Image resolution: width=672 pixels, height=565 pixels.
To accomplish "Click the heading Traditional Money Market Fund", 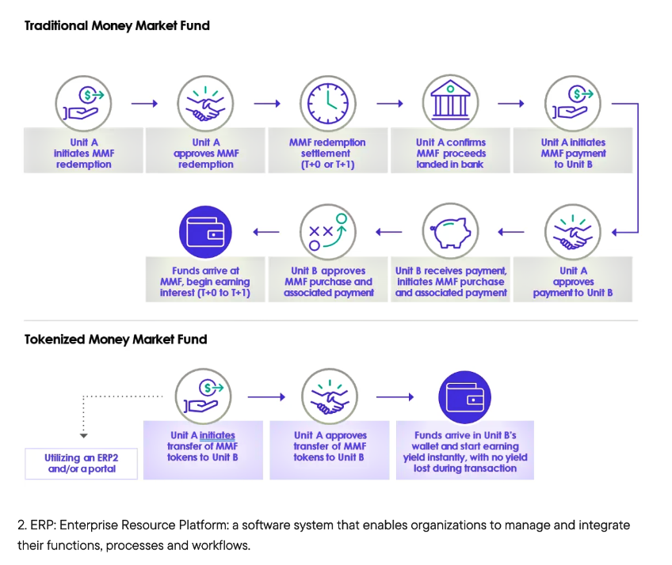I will coord(116,25).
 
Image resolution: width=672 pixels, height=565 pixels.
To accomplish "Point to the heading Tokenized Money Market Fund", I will coord(116,339).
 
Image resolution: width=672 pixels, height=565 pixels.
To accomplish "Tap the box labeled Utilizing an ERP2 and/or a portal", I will coord(82,463).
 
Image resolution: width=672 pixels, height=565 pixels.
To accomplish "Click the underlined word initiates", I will coord(217,435).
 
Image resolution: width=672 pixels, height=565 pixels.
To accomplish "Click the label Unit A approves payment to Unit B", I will coord(573,282).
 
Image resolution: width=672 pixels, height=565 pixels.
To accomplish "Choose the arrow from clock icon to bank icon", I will coord(389,103).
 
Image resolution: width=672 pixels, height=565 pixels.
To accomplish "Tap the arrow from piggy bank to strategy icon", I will coord(389,232).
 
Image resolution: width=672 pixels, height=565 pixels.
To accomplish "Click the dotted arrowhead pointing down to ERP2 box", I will coord(83,436).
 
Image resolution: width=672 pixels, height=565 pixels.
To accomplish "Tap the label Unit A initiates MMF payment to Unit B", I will coord(573,154).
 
